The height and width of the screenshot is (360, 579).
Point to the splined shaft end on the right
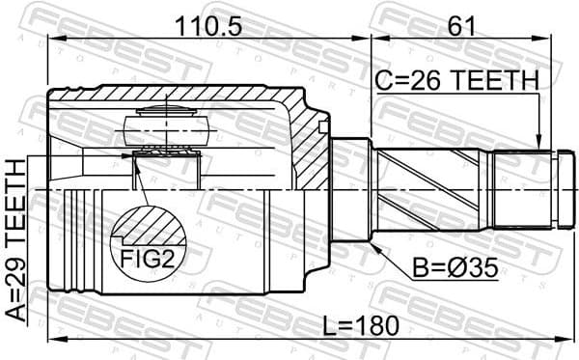tap(526, 187)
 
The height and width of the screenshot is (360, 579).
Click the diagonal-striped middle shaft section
tap(429, 187)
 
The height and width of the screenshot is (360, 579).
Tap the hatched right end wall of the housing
tap(314, 145)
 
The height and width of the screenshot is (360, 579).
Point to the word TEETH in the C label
tap(493, 83)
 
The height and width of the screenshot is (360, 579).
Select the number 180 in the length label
tap(375, 326)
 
